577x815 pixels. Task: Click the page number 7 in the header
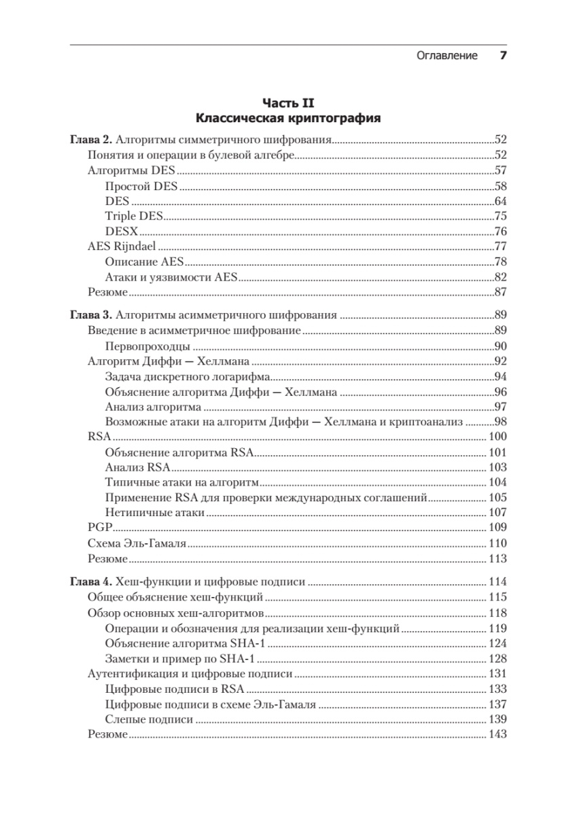coord(504,56)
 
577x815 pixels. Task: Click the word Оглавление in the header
coord(447,56)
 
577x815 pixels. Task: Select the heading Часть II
coord(288,103)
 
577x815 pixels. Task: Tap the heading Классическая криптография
coord(288,118)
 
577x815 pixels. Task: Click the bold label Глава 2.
coord(90,141)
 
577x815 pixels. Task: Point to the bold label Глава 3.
coord(90,315)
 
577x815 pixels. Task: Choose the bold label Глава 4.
coord(90,582)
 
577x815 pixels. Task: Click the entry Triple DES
coord(135,216)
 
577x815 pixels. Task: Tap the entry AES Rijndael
coord(122,247)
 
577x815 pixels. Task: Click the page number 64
coord(500,201)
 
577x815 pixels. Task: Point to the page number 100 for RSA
coord(497,437)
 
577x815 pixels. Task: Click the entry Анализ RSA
coord(137,467)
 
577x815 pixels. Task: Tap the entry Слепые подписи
coord(149,719)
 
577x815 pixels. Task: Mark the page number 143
coord(497,734)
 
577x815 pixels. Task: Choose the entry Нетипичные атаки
coord(155,513)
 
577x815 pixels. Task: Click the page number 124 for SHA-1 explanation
coord(497,643)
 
